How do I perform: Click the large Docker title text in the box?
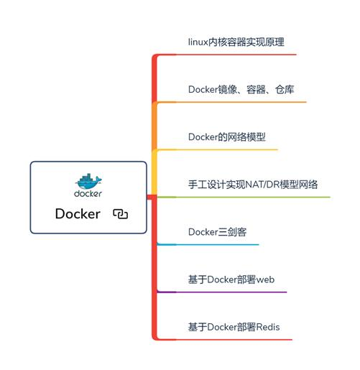(78, 213)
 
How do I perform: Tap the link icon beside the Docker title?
(120, 214)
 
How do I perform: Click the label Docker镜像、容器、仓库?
(241, 89)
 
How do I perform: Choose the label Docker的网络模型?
(226, 137)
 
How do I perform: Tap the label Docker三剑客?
(218, 231)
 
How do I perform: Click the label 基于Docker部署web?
(231, 279)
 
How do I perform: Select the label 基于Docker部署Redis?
(234, 327)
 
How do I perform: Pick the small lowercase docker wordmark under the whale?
(88, 193)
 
